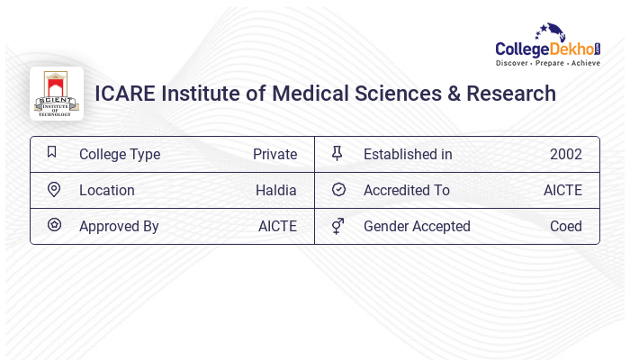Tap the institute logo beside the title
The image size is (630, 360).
tap(57, 94)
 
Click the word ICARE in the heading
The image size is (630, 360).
tap(124, 94)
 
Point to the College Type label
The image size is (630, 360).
tap(120, 154)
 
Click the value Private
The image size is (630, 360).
tap(274, 154)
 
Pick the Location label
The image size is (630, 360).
tap(107, 190)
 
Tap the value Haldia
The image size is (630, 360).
tap(276, 190)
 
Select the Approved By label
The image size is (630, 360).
tap(119, 226)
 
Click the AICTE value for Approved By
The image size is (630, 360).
tap(277, 226)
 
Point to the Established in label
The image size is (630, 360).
tap(408, 154)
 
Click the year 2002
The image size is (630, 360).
tap(566, 154)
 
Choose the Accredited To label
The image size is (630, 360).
tap(407, 190)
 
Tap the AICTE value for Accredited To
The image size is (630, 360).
tap(562, 190)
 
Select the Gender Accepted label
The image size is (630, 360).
tap(417, 226)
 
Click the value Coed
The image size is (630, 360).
tap(566, 226)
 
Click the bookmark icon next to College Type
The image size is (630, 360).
tap(52, 153)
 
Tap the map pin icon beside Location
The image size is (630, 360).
tap(53, 189)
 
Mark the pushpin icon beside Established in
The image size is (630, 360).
tap(337, 153)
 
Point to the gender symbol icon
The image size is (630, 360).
tap(337, 226)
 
